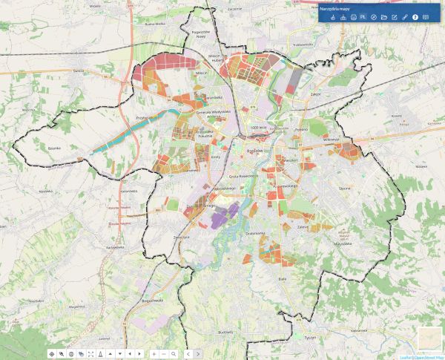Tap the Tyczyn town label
tap(309, 336)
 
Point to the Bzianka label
tap(53, 148)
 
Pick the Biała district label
tap(282, 278)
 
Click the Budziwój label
tap(226, 332)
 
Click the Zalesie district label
tap(303, 226)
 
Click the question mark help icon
tap(415, 17)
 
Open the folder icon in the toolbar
tap(384, 17)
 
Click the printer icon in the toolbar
tap(353, 17)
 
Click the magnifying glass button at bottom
tap(173, 354)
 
